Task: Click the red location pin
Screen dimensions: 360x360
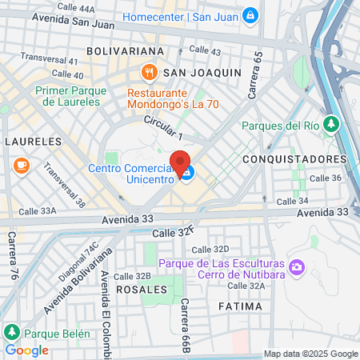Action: (180, 163)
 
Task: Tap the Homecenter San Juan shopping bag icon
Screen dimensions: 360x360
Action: (250, 14)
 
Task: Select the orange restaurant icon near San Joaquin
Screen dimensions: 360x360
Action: (149, 73)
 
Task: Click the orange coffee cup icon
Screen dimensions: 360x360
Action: (21, 166)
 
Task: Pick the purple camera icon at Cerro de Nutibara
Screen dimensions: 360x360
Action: (297, 266)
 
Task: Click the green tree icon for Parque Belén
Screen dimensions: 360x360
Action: (12, 332)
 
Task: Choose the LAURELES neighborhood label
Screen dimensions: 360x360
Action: (33, 141)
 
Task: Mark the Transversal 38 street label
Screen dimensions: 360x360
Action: (64, 185)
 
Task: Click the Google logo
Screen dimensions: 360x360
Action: (26, 350)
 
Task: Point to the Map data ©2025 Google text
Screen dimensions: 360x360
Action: (311, 354)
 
